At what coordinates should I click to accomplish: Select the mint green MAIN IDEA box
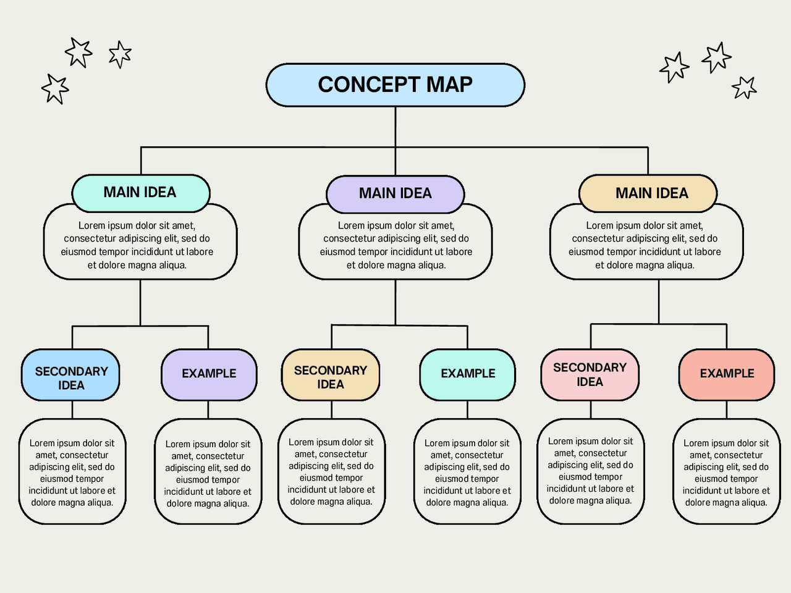141,192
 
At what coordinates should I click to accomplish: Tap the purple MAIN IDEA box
395,193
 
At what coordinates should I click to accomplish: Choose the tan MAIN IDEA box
648,193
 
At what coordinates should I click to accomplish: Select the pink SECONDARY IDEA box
590,374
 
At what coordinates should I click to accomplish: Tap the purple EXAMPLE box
209,374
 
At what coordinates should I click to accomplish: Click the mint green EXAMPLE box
468,374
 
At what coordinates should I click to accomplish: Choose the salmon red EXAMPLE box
727,374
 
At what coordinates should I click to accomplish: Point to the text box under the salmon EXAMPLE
726,473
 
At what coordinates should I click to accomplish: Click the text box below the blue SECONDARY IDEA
72,473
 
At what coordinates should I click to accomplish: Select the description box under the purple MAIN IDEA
395,245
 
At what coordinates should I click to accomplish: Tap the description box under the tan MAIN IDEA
646,245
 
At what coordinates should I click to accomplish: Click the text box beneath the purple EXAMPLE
208,473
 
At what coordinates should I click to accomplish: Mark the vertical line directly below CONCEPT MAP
395,127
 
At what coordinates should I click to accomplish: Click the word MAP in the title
449,85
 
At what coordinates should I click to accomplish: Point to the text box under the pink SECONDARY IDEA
590,471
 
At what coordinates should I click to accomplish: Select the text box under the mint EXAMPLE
467,473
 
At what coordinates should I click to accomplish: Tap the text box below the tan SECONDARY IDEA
331,472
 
